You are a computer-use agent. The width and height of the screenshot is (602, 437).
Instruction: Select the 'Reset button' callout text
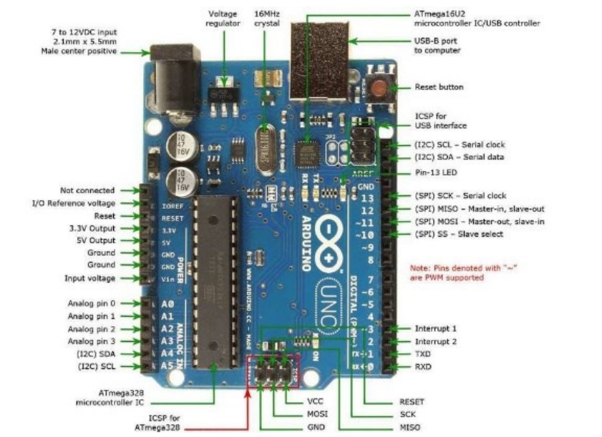point(439,87)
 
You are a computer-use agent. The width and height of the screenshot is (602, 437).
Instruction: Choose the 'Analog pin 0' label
point(92,303)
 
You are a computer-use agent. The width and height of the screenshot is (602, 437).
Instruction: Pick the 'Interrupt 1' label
point(435,328)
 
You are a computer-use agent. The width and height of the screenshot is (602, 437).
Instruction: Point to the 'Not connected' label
point(87,190)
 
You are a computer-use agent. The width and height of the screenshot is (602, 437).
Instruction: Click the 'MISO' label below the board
point(410,428)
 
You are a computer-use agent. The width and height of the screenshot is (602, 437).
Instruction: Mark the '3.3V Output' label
point(90,228)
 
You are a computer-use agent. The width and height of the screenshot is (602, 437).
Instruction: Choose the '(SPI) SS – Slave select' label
point(459,234)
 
